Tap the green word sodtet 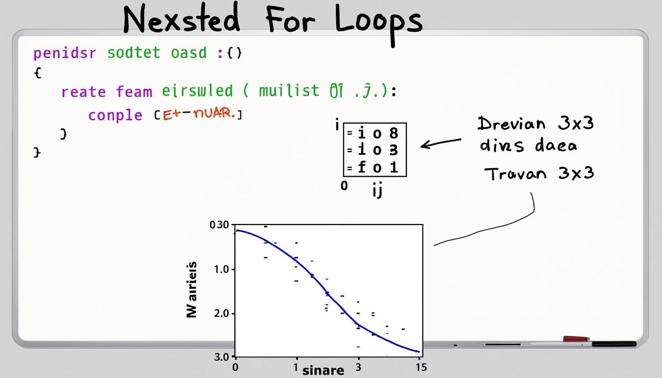tap(134, 53)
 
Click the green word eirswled tap(197, 91)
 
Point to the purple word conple tap(115, 115)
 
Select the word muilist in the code tap(282, 91)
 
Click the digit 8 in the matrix tap(393, 133)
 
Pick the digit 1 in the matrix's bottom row tap(394, 167)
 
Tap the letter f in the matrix tap(362, 167)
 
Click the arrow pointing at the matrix tap(440, 143)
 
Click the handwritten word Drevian tap(512, 124)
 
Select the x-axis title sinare tap(323, 370)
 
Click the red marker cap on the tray tap(576, 339)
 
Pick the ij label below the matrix tap(377, 190)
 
